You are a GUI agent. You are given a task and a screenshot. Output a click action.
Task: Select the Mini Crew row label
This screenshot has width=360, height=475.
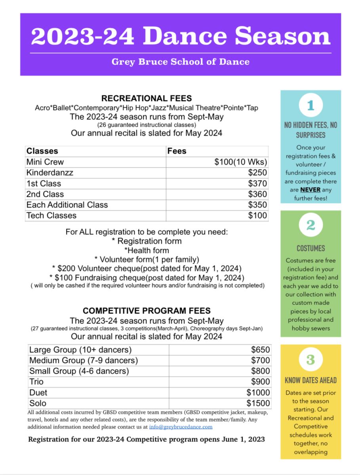click(45, 162)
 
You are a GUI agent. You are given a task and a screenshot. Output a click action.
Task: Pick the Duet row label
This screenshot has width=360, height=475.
click(38, 393)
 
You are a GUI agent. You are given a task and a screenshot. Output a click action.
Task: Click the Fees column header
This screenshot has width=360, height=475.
click(177, 151)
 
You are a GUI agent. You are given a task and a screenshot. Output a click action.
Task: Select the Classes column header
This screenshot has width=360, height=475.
click(42, 151)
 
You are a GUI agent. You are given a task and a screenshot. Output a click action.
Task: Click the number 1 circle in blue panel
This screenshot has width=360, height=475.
click(310, 106)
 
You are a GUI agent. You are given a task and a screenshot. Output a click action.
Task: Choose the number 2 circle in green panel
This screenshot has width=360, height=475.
click(310, 226)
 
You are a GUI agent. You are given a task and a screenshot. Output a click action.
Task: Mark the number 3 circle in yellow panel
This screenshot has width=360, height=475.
click(310, 360)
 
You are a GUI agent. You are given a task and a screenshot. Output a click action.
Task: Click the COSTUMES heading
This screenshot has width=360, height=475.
click(310, 249)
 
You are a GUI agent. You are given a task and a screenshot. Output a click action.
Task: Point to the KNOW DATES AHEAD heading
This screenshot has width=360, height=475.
click(310, 381)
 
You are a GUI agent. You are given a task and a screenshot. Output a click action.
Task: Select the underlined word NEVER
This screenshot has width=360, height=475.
click(310, 190)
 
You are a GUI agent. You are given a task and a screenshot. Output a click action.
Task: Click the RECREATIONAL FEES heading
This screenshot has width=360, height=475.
click(147, 99)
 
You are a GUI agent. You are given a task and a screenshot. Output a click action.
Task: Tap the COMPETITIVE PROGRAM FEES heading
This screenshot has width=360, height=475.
click(147, 311)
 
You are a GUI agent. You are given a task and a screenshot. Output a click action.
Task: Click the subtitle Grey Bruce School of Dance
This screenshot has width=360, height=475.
click(181, 62)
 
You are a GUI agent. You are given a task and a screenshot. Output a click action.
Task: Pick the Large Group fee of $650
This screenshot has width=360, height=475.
click(261, 350)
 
